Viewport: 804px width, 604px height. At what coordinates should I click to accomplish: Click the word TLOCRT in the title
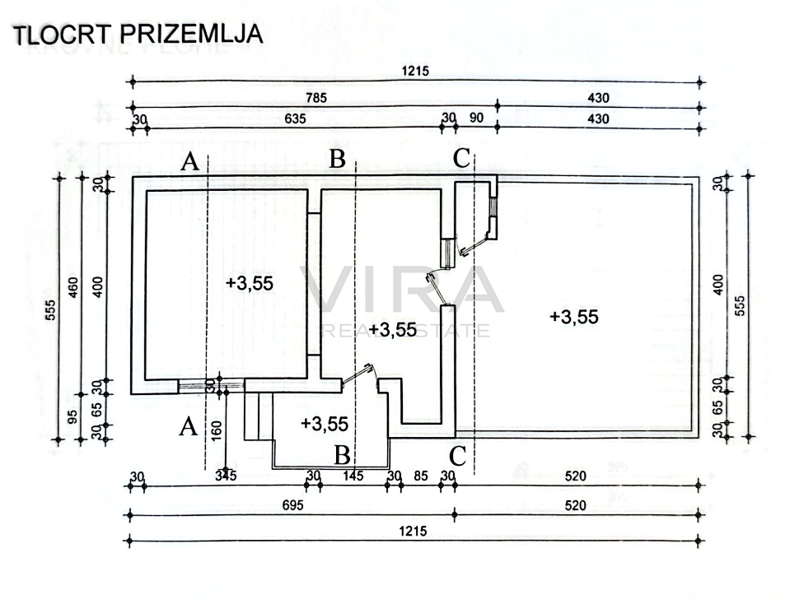point(61,35)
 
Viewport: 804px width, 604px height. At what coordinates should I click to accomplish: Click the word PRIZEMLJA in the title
point(191,34)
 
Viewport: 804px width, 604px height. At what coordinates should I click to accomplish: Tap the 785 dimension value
point(316,97)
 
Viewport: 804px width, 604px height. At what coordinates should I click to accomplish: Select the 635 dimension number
point(296,118)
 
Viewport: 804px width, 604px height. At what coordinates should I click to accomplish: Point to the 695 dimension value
point(292,505)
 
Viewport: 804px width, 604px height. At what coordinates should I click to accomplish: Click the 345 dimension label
point(226,476)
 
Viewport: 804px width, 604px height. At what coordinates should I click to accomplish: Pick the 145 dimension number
point(353,476)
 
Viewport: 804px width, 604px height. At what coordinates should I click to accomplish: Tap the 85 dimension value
point(420,476)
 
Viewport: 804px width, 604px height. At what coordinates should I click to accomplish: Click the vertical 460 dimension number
point(74,287)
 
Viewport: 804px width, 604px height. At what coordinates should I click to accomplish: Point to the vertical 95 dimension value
point(72,416)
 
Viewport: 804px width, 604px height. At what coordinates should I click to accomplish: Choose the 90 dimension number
point(476,118)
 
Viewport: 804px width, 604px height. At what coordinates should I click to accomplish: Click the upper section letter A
point(190,162)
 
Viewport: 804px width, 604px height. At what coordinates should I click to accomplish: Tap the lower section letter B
point(342,455)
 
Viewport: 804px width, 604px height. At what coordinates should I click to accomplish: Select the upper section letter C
point(462,158)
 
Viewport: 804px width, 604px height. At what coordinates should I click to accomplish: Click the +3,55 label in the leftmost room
point(250,283)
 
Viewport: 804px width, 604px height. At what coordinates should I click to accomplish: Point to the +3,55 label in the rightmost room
point(574,317)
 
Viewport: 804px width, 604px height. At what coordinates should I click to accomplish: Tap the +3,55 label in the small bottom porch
point(325,424)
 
